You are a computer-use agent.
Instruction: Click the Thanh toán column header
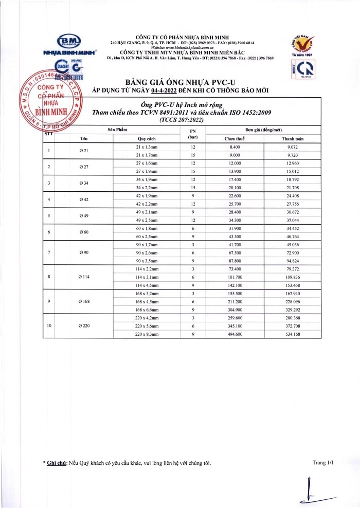point(293,139)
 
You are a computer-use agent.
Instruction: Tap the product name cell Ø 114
point(84,277)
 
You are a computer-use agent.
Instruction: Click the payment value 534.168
point(293,334)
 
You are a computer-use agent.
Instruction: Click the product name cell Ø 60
point(84,232)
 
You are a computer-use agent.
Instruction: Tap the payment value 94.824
point(293,261)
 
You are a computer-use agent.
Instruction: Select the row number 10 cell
point(49,325)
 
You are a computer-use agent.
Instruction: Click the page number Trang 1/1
point(323,463)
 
